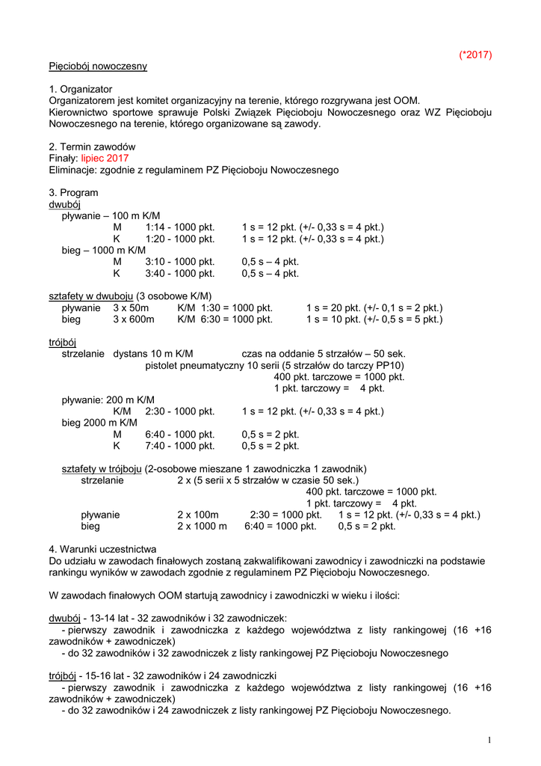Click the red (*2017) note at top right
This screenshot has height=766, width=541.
click(475, 55)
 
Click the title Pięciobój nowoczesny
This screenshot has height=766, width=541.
click(98, 66)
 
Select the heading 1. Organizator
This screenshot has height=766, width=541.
click(81, 89)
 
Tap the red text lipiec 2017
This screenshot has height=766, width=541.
click(105, 159)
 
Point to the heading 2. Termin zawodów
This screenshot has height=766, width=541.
click(92, 147)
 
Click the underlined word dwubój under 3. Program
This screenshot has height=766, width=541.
click(64, 204)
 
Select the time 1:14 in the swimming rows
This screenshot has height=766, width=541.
click(156, 227)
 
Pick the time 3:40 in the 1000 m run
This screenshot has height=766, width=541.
click(156, 274)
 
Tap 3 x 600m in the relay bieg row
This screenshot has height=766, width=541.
click(134, 320)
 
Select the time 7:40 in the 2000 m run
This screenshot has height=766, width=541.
click(156, 447)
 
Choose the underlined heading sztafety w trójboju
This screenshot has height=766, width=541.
click(102, 469)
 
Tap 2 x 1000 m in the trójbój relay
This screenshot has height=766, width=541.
click(202, 527)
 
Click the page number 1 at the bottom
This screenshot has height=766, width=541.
click(489, 741)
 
